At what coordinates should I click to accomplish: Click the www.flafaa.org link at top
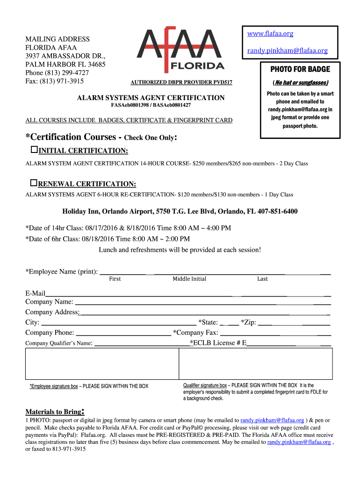[x=270, y=34]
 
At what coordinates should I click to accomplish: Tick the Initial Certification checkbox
[x=34, y=150]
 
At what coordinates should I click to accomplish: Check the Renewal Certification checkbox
[x=34, y=182]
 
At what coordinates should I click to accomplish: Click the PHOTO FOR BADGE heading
[x=300, y=69]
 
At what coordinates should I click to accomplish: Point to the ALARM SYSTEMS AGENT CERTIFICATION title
[x=151, y=98]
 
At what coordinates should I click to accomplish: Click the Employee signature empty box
[x=101, y=363]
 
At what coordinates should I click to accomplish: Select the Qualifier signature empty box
[x=255, y=363]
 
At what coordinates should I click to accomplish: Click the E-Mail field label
[x=35, y=293]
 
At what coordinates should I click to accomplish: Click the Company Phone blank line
[x=123, y=333]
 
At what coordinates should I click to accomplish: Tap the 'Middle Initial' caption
[x=189, y=279]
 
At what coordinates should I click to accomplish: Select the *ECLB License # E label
[x=218, y=343]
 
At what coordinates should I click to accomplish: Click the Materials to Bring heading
[x=53, y=412]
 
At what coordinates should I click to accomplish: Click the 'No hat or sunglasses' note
[x=300, y=83]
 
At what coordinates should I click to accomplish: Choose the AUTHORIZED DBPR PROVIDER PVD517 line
[x=181, y=83]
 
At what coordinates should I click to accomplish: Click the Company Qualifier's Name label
[x=59, y=343]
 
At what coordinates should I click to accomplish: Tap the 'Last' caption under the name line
[x=262, y=279]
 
